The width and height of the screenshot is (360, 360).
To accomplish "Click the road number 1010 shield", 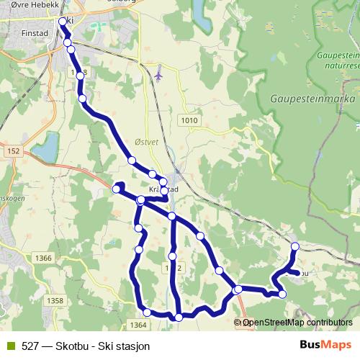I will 190,120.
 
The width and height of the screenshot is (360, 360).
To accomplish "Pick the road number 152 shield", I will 14,150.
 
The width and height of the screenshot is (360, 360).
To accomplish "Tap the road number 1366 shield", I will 43,258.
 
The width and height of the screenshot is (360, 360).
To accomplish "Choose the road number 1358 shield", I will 54,300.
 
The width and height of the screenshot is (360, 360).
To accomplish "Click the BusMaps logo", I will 325,345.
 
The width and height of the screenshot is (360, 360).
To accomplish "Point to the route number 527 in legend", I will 30,346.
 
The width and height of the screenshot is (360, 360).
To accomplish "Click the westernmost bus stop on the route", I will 117,189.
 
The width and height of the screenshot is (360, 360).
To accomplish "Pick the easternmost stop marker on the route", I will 294,247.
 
